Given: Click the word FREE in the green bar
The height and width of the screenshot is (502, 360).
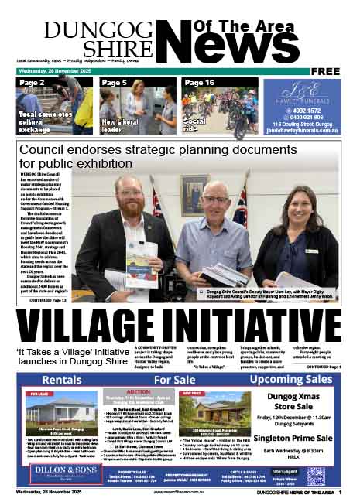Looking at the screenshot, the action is coord(328,71).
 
